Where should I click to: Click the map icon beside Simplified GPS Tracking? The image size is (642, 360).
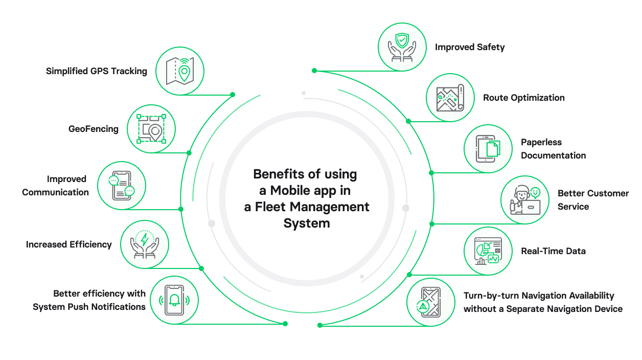tap(179, 71)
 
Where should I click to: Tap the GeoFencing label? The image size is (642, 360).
tap(94, 129)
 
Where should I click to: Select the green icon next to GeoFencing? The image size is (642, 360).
tap(151, 129)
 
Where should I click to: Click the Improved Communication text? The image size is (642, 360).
tap(55, 186)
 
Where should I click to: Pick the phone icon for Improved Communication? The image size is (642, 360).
tap(122, 186)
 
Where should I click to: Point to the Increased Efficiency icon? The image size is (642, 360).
tap(145, 244)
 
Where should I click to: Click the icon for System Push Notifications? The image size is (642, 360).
tap(174, 300)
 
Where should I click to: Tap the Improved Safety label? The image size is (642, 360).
tap(470, 47)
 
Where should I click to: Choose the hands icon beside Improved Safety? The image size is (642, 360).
tap(402, 47)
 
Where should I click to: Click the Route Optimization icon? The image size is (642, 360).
tap(450, 98)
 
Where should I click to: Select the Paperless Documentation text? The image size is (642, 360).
tap(553, 149)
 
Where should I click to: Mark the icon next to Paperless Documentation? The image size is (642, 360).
tap(488, 149)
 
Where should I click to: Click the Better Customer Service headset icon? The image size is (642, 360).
tap(524, 200)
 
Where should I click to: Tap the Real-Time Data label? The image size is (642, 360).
tap(553, 251)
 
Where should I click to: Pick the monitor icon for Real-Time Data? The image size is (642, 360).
tap(488, 251)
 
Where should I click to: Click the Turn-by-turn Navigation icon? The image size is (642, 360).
tap(430, 302)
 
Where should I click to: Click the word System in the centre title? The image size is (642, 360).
tap(307, 223)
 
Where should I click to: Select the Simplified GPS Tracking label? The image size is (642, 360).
tap(97, 71)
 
